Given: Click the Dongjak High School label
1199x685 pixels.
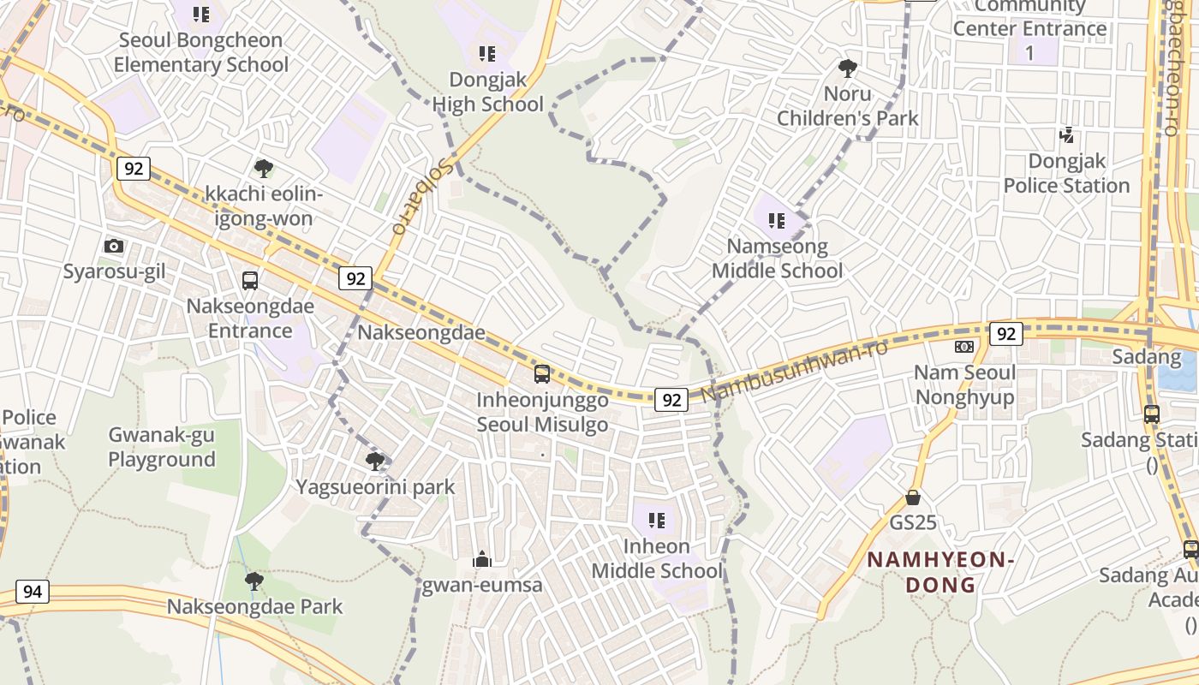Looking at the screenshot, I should tap(487, 92).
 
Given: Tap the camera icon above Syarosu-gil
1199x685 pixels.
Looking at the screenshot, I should tap(113, 247).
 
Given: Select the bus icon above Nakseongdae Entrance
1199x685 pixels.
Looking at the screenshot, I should tap(250, 281).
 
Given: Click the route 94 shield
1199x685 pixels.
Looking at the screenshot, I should tap(32, 592).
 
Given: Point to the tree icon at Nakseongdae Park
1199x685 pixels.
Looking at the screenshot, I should tap(254, 581).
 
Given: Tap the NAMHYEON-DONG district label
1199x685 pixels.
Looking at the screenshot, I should tap(940, 572).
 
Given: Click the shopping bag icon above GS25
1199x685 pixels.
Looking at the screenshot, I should tap(913, 497).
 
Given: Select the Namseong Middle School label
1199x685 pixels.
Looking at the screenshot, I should tap(778, 259).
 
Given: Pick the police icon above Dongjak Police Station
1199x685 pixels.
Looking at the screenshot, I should tap(1066, 135).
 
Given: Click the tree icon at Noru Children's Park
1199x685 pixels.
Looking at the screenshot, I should tap(848, 68).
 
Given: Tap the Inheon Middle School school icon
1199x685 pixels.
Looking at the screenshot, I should tap(657, 521).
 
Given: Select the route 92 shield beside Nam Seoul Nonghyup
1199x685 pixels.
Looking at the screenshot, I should tap(1005, 333).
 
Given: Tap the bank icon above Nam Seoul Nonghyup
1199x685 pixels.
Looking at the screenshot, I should tap(964, 347).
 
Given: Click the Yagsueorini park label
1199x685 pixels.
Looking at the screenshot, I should tap(375, 487).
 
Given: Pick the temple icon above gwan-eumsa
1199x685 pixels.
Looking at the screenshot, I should tap(482, 560).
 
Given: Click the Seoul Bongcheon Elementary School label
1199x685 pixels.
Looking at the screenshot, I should tap(201, 52).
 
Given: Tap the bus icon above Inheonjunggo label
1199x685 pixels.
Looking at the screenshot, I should tap(541, 374).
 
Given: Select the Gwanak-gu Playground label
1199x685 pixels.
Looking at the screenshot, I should tap(161, 447).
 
